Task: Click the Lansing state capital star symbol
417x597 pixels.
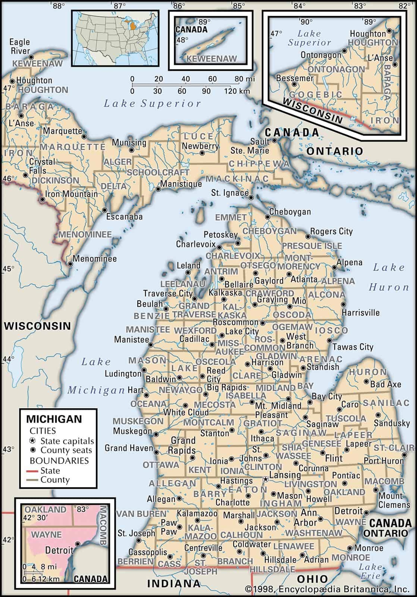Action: click(265, 479)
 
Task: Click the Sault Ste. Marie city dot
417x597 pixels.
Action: click(275, 141)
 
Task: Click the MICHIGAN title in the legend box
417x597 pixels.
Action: click(54, 419)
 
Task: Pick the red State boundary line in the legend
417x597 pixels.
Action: click(32, 471)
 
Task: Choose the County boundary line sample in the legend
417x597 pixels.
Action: click(32, 480)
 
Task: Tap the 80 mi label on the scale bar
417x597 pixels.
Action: click(245, 79)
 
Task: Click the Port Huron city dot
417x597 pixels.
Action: click(404, 455)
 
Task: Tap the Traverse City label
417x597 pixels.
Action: click(168, 294)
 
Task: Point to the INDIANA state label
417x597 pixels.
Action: click(173, 583)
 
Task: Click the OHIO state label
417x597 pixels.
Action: click(312, 579)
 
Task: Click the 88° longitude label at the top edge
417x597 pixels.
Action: click(57, 6)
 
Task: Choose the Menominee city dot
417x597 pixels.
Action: click(70, 264)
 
